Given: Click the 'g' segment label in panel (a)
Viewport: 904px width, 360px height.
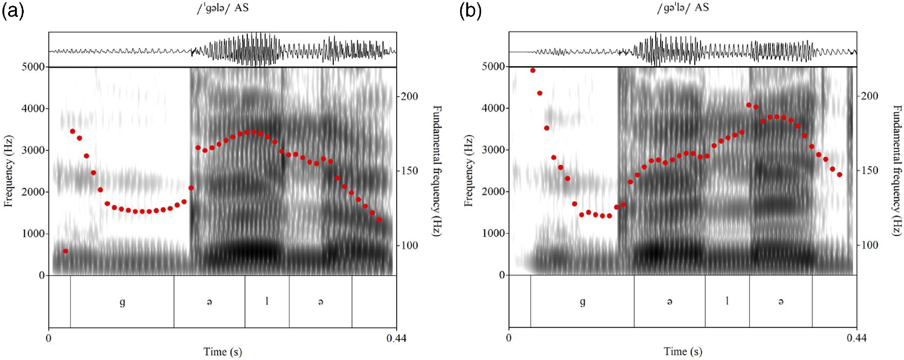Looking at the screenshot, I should coord(122,302).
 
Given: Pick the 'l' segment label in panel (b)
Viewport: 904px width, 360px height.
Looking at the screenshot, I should coord(727,301).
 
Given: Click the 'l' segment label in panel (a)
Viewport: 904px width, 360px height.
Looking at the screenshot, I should coord(267,301).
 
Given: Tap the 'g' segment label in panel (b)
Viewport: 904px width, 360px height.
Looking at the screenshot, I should coord(582,302).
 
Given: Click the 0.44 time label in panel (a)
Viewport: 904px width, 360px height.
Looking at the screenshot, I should coord(396,338).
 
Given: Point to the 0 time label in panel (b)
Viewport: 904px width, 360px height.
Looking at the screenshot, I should coord(509,338).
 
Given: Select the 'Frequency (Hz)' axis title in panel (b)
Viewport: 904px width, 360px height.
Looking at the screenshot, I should coord(469,171).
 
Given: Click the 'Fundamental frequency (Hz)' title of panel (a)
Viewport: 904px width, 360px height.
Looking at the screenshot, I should coord(437,171).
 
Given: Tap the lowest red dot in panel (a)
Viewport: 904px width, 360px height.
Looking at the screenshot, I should coord(65,251).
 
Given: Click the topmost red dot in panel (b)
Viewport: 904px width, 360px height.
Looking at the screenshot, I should coord(533,70).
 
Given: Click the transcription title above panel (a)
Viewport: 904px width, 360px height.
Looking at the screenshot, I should coord(222,8).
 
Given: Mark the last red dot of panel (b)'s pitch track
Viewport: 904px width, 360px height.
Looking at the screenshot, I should coord(839,174).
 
